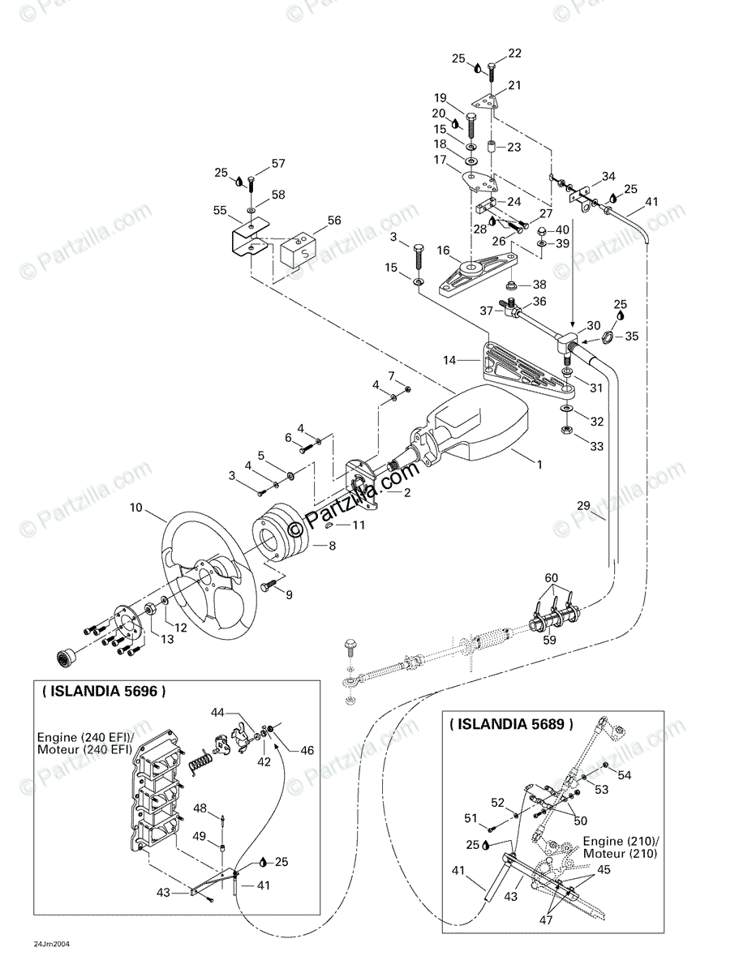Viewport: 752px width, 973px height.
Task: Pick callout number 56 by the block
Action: point(334,220)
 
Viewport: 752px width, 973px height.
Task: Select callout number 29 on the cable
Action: point(583,505)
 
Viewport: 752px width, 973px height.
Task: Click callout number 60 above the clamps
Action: point(552,577)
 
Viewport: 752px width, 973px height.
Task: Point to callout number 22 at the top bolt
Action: point(514,54)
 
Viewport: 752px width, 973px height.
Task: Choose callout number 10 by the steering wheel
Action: point(135,508)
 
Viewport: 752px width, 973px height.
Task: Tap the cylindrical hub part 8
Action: point(276,535)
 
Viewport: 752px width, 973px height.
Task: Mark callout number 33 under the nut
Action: point(596,445)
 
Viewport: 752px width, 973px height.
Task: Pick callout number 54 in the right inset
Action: point(624,775)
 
